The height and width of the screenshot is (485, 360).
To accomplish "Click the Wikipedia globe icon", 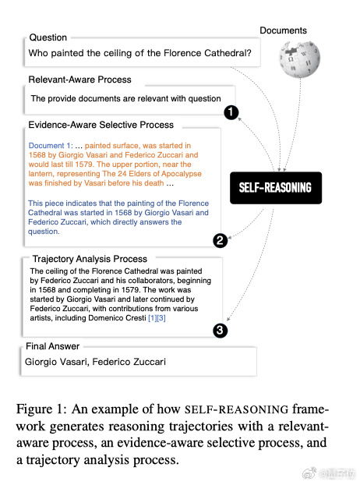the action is click(299, 58).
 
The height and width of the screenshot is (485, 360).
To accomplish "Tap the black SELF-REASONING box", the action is click(276, 188).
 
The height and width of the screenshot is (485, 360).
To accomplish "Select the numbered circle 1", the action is click(231, 112).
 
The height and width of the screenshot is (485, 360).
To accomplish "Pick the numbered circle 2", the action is click(220, 240).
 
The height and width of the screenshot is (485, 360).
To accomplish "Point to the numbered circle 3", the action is click(220, 331).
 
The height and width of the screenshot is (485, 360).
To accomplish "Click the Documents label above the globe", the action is click(283, 30).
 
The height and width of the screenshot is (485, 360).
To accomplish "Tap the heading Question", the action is click(48, 37).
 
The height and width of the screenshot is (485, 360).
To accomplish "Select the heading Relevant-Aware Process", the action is click(79, 80).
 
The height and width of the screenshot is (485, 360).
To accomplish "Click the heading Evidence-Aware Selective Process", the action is click(101, 125).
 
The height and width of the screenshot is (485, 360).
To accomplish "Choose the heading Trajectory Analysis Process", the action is click(90, 259).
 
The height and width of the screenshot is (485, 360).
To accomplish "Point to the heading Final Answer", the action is click(52, 346).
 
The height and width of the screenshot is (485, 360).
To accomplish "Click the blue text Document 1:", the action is click(51, 146).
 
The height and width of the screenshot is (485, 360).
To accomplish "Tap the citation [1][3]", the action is click(157, 318).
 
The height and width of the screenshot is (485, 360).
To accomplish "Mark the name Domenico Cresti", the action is click(117, 318).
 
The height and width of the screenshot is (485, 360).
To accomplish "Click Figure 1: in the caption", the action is click(41, 409).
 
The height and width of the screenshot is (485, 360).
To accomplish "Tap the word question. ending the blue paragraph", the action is click(44, 232).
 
